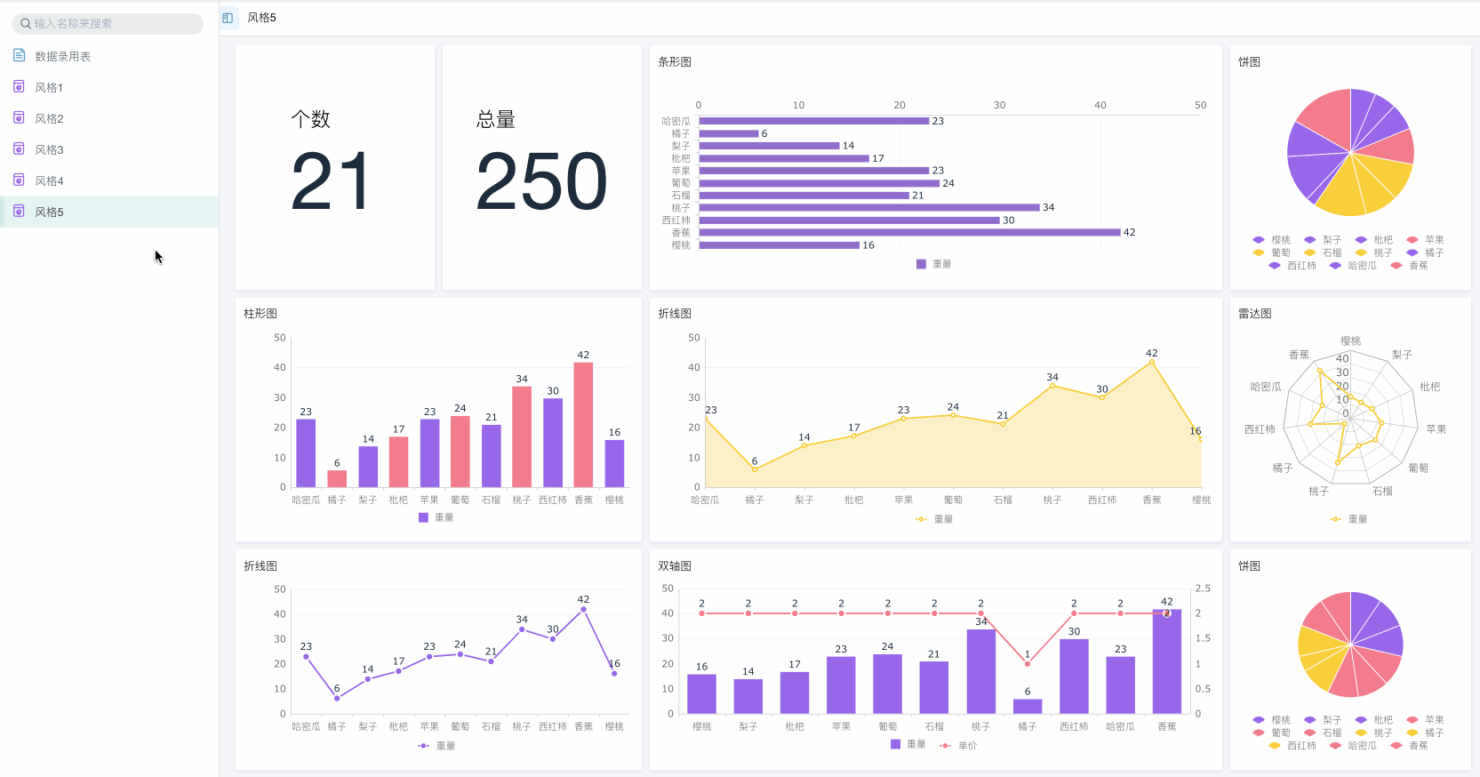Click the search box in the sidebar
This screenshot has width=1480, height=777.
107,24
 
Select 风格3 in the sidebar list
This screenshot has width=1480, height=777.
49,149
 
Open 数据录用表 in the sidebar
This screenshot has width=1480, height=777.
62,56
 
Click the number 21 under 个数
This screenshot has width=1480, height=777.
330,181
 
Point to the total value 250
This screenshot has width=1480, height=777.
541,181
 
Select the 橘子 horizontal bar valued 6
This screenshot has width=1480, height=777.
729,133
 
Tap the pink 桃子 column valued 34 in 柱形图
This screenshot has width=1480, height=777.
522,437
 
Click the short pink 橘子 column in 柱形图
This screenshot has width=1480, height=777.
337,478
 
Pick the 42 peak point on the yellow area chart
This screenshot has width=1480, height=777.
1152,362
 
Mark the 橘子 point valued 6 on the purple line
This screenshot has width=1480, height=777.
337,698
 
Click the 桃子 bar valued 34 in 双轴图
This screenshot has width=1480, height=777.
980,671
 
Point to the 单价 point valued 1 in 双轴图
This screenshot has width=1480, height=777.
1028,663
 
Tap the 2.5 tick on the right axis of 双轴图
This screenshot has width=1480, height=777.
1203,589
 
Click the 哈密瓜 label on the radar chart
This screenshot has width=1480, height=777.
1265,387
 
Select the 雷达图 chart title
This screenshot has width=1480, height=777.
1254,314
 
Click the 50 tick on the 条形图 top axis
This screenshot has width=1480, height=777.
1200,105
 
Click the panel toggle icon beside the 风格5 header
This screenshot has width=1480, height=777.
228,18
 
